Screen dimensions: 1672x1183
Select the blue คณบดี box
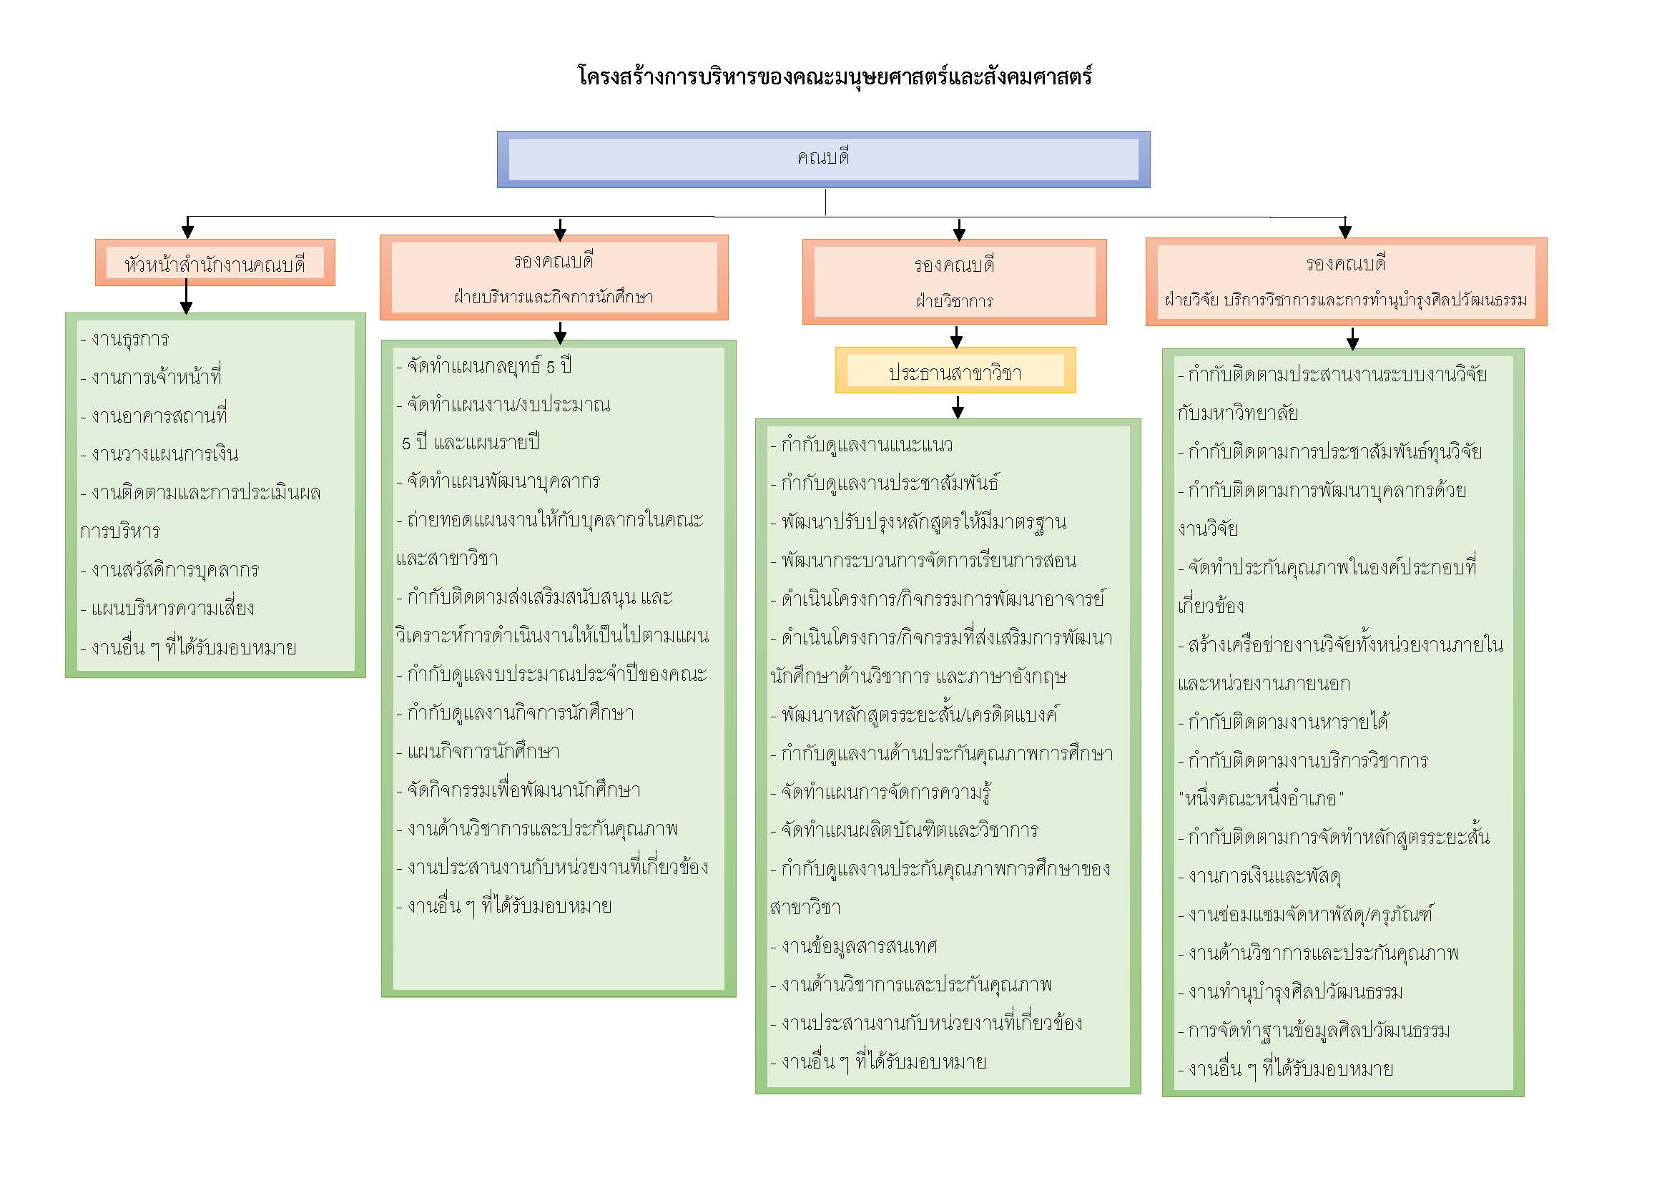point(824,159)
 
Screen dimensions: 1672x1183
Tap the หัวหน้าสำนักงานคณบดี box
point(215,262)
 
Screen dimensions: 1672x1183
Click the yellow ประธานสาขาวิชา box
point(955,370)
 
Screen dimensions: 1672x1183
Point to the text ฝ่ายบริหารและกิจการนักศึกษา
point(554,298)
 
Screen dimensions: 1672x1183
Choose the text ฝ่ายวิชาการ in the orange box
point(955,301)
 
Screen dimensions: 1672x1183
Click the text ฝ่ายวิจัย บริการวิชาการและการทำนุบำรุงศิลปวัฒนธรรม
point(1346,300)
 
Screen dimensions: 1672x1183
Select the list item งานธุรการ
point(124,340)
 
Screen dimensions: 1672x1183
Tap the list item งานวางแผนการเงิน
point(159,454)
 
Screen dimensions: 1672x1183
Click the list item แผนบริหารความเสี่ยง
point(167,608)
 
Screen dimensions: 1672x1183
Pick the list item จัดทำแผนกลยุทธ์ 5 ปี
point(484,365)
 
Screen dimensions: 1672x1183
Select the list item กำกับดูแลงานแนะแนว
point(862,444)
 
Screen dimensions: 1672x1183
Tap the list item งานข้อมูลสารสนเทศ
point(853,946)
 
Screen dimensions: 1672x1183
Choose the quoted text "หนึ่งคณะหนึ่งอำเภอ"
point(1261,798)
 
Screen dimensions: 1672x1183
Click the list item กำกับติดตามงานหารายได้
point(1283,721)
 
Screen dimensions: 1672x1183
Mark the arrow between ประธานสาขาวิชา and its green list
point(958,407)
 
